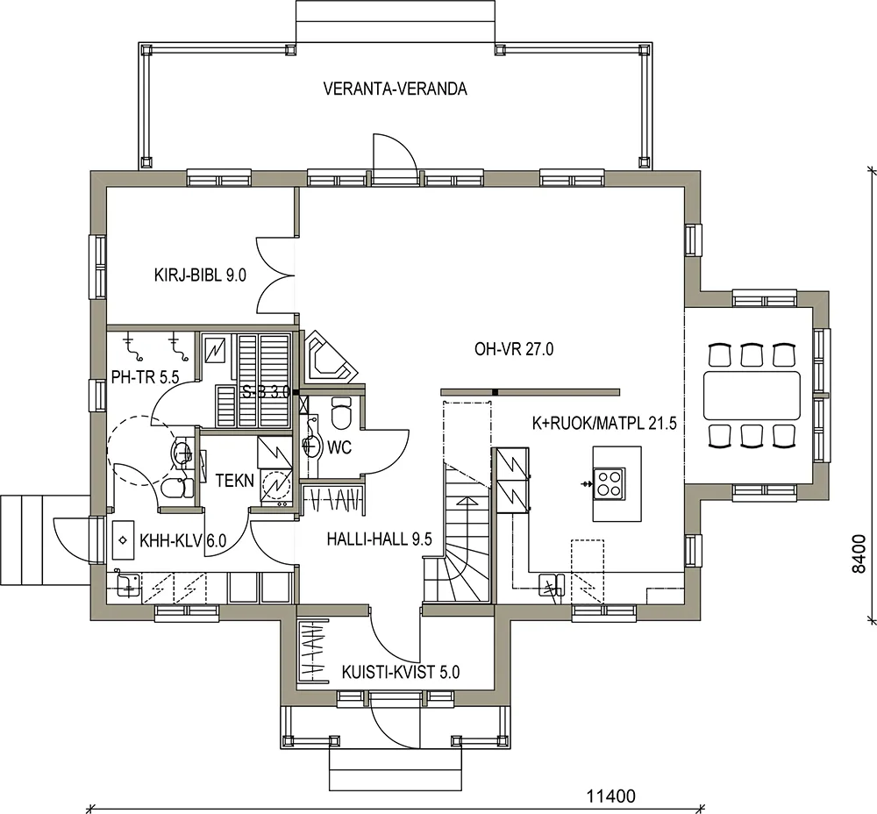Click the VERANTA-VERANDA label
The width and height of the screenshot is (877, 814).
[395, 89]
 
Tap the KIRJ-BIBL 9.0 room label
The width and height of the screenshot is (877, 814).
[200, 275]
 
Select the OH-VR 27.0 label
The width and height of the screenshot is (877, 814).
[514, 349]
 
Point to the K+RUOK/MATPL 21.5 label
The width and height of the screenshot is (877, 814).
[604, 423]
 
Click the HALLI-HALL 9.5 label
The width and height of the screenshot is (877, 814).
[379, 539]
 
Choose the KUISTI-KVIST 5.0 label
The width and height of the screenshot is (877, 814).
[401, 672]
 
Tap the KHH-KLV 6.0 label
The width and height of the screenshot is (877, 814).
[183, 541]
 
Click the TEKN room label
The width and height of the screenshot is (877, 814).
[235, 481]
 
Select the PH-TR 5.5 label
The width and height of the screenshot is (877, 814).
[145, 378]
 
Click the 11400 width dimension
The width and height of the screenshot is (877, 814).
[610, 796]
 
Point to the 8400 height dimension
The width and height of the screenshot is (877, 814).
[859, 553]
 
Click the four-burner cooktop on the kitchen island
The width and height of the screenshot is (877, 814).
[610, 483]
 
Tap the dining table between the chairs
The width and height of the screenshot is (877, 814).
[752, 395]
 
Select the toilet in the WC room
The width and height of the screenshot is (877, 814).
[340, 411]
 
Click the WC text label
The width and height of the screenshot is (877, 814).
[339, 447]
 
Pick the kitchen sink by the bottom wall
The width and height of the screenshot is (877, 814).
[552, 586]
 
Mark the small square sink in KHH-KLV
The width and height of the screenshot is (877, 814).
[123, 540]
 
